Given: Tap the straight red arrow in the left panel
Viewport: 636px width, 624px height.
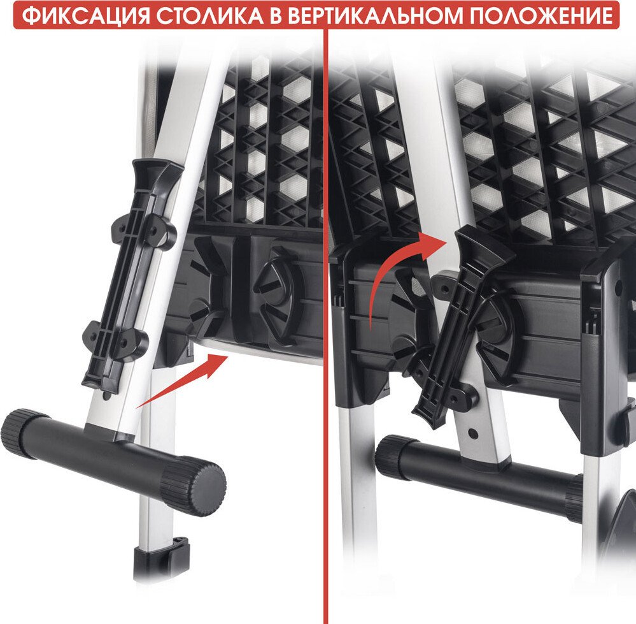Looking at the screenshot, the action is [x=183, y=380].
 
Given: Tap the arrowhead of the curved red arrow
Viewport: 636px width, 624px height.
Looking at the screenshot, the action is [x=432, y=244].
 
